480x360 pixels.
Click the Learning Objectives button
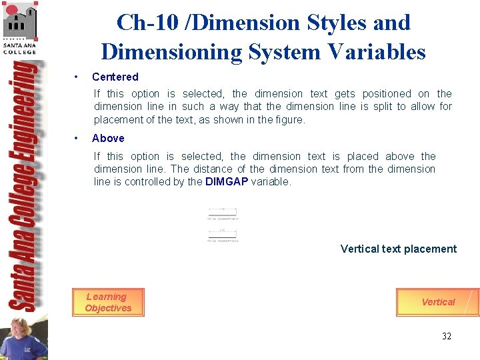click(x=108, y=303)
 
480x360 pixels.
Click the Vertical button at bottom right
click(x=437, y=302)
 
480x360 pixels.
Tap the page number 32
click(x=446, y=336)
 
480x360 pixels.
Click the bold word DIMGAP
click(x=227, y=181)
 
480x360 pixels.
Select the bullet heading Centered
click(x=115, y=77)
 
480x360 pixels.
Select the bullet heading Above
click(x=108, y=138)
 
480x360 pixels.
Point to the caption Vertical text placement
click(x=398, y=249)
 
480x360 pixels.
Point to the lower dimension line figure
click(x=222, y=235)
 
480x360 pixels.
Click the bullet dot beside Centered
click(x=78, y=77)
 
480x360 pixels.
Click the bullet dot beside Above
click(x=78, y=138)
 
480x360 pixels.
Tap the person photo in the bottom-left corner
click(x=23, y=338)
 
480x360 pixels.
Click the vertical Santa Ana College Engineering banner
click(x=24, y=187)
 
